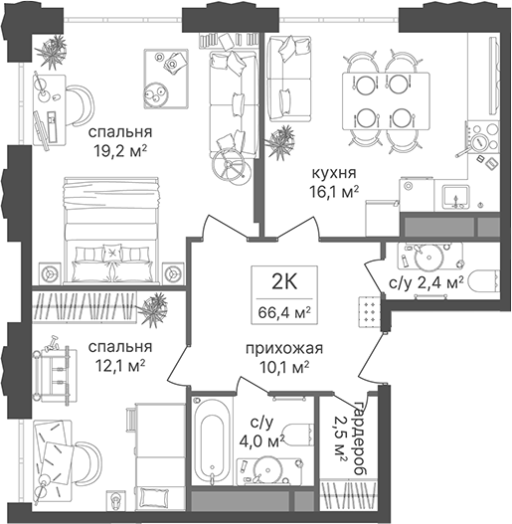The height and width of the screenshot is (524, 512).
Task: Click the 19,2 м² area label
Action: pos(120,152)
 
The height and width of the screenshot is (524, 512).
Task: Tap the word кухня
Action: pos(334,173)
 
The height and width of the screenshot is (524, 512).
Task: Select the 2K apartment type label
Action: pos(284,282)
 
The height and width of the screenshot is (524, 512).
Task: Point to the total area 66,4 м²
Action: pos(284,313)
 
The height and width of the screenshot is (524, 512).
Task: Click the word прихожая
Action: pos(284,349)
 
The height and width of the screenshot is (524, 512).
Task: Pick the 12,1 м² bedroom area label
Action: pos(120,367)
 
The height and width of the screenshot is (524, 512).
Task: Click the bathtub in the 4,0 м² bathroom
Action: pos(212,439)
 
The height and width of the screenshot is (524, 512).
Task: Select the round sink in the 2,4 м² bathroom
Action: pos(428,258)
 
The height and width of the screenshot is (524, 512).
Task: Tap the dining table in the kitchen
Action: pos(386,101)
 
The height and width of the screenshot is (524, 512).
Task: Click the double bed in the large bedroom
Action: pos(111,232)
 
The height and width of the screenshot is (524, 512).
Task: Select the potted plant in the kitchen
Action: pos(280,143)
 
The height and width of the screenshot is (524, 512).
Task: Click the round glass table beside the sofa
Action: pos(231,165)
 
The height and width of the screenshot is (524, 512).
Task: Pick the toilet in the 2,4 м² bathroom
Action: pos(483,282)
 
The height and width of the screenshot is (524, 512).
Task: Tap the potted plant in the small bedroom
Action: pos(153,310)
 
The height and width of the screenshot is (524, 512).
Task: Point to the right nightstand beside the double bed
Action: pos(173,273)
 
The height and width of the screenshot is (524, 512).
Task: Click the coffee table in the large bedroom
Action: pos(166,79)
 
